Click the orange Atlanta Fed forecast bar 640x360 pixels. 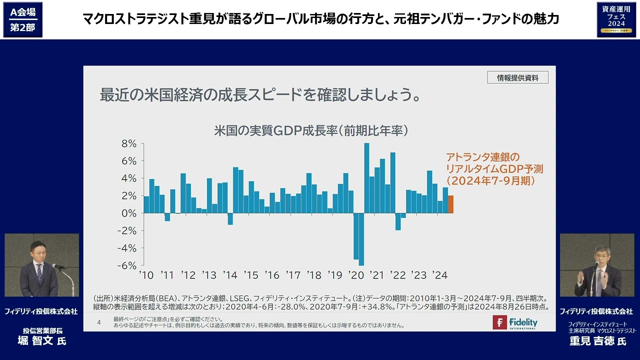[451, 204]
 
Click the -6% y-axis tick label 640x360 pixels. [127, 265]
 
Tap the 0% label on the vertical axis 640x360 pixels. [129, 213]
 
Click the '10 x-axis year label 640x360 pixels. [146, 275]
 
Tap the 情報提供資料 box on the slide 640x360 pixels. [517, 77]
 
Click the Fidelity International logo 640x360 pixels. [515, 322]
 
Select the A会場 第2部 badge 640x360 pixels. [22, 19]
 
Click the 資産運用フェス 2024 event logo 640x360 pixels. [616, 19]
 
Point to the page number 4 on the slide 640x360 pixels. [99, 322]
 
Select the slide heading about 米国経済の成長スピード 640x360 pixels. [259, 94]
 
